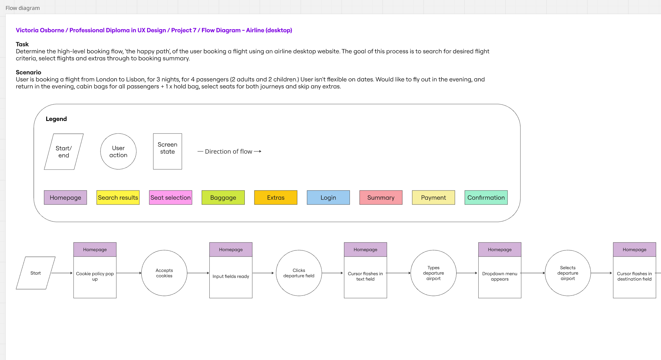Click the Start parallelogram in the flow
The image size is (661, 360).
(36, 273)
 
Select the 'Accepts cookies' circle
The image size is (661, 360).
(164, 273)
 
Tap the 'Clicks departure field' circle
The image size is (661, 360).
(299, 273)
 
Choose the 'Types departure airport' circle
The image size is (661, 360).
(433, 273)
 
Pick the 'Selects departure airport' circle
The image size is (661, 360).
(568, 273)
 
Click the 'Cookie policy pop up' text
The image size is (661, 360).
(95, 276)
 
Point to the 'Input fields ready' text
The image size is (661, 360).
(231, 276)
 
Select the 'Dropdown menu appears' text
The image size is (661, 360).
(500, 276)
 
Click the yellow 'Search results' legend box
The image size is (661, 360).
(118, 198)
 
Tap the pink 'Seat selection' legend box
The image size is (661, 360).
(171, 198)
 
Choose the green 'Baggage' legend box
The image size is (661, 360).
(223, 198)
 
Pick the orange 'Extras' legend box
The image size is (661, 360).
(276, 198)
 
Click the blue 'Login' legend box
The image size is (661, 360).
(328, 198)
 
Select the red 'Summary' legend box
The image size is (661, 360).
(381, 198)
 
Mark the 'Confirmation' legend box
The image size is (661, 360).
(486, 198)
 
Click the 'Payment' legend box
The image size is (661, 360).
(433, 198)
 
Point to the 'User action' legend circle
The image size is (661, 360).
(118, 151)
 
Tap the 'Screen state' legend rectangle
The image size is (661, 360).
(167, 151)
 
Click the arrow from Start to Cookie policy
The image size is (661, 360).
(62, 273)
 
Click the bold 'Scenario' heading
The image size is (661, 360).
(29, 72)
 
